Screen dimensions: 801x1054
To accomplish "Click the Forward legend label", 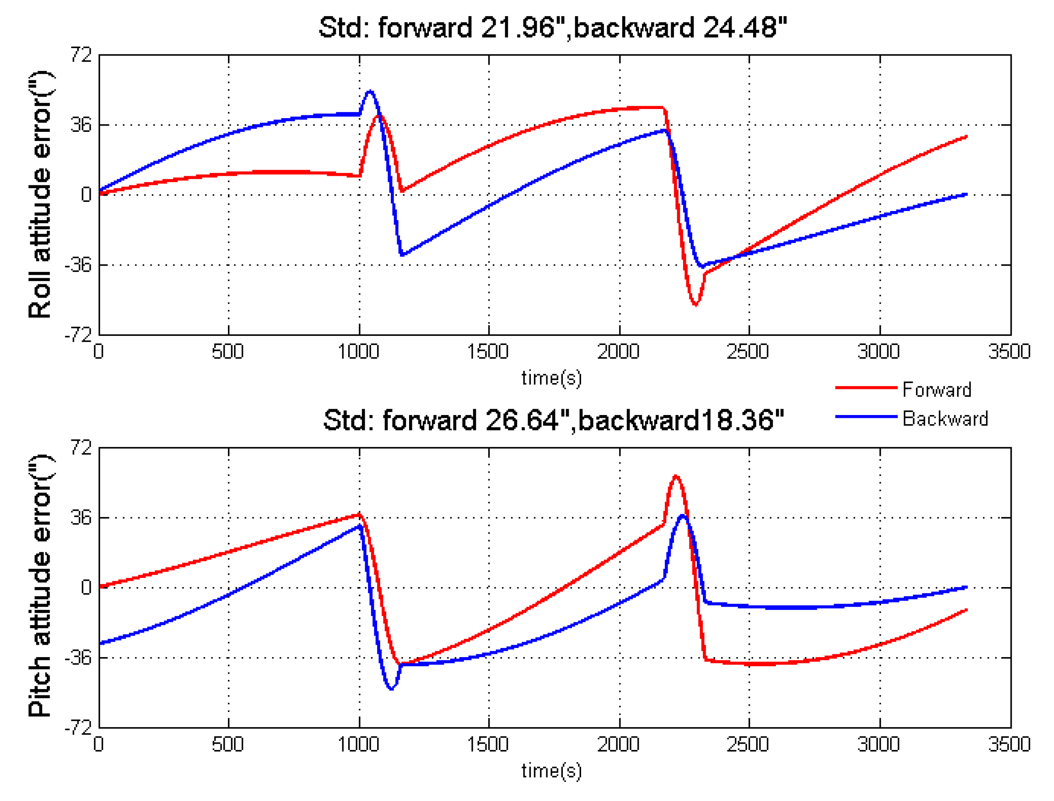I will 936,390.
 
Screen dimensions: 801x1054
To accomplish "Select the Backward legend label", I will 945,419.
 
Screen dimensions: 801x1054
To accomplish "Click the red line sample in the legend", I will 866,388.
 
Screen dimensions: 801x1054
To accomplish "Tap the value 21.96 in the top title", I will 518,27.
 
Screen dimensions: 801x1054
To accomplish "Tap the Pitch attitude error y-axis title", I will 40,586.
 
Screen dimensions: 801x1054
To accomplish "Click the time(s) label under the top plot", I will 552,378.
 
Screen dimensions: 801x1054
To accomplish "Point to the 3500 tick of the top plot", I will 1009,352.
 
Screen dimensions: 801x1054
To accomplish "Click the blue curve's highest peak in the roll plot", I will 370,91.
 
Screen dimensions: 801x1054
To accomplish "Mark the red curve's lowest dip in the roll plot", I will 695,304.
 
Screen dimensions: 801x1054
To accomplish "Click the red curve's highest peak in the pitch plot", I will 676,476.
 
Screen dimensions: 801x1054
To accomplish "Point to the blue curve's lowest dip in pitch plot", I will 391,689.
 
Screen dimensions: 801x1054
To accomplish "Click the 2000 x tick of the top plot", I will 618,352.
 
